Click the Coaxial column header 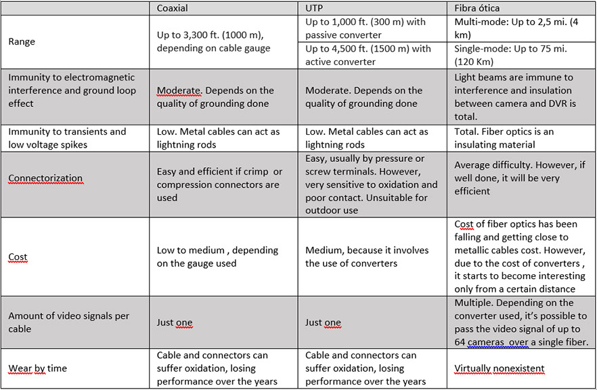pyautogui.click(x=172, y=8)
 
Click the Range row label pyautogui.click(x=22, y=41)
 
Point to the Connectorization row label pyautogui.click(x=45, y=179)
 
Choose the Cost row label pyautogui.click(x=18, y=257)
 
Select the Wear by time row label pyautogui.click(x=37, y=369)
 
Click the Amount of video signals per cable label pyautogui.click(x=68, y=322)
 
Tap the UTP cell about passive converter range pyautogui.click(x=366, y=28)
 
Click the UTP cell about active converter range pyautogui.click(x=368, y=55)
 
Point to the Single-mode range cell pyautogui.click(x=510, y=55)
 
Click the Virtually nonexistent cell pyautogui.click(x=500, y=369)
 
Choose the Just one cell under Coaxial pyautogui.click(x=175, y=322)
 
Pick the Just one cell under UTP pyautogui.click(x=323, y=322)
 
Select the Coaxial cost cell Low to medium pyautogui.click(x=217, y=257)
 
